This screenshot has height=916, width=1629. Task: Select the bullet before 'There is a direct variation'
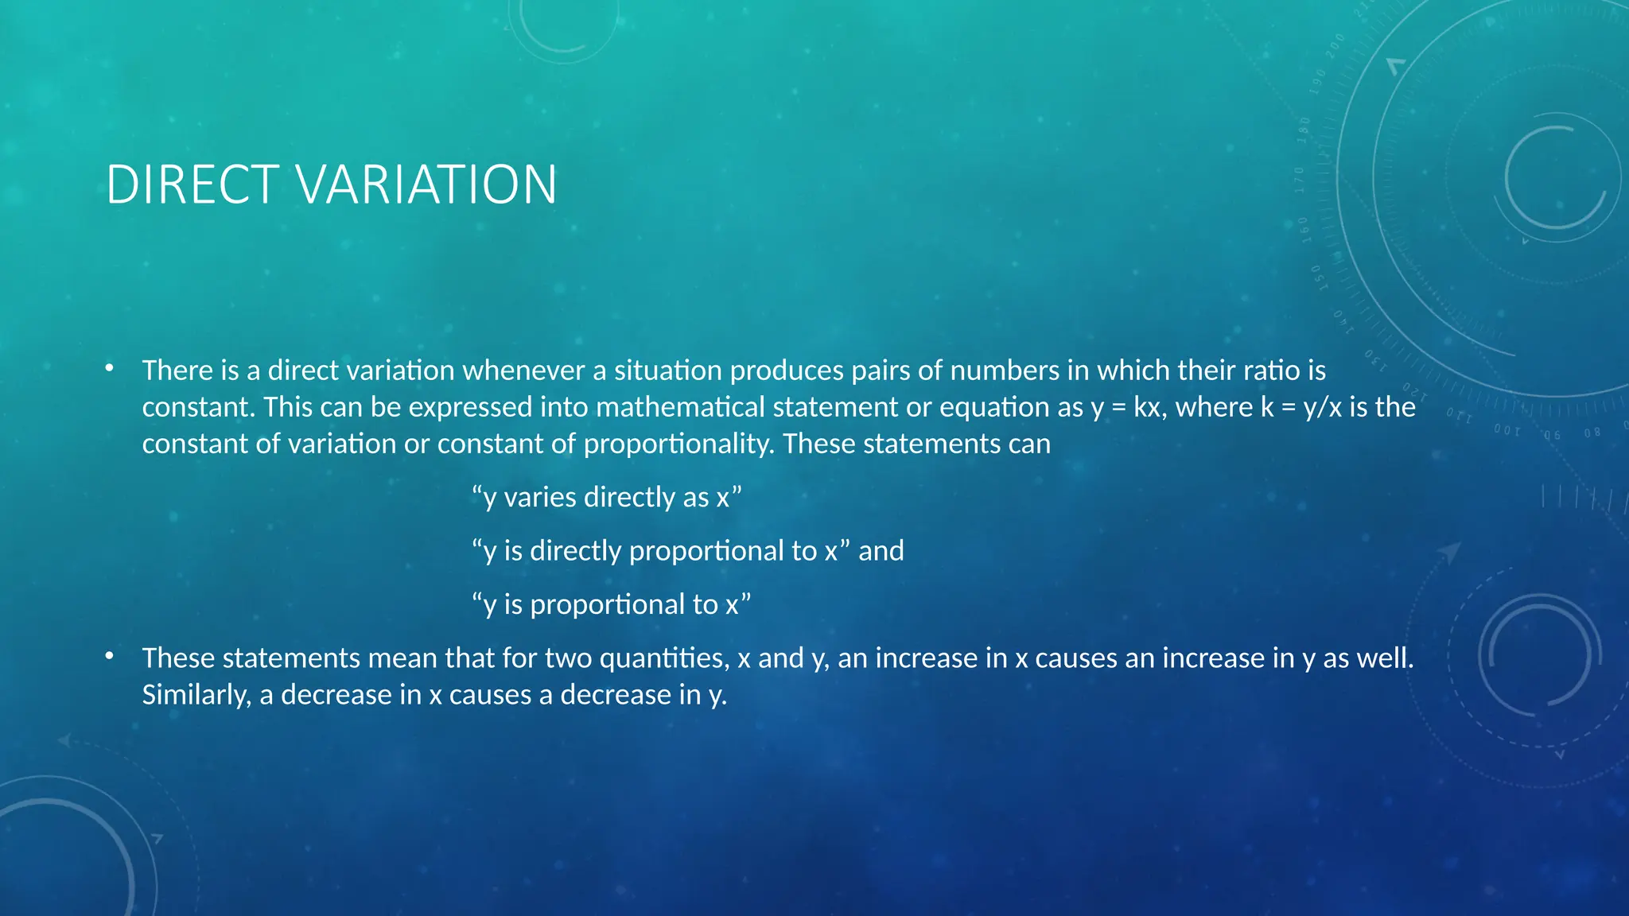click(x=109, y=368)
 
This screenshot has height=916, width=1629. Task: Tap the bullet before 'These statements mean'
click(x=109, y=656)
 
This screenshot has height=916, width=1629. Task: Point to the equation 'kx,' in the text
click(x=1150, y=407)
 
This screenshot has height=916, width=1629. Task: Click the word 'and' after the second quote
click(x=881, y=551)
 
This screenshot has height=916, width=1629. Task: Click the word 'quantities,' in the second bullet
click(x=664, y=658)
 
